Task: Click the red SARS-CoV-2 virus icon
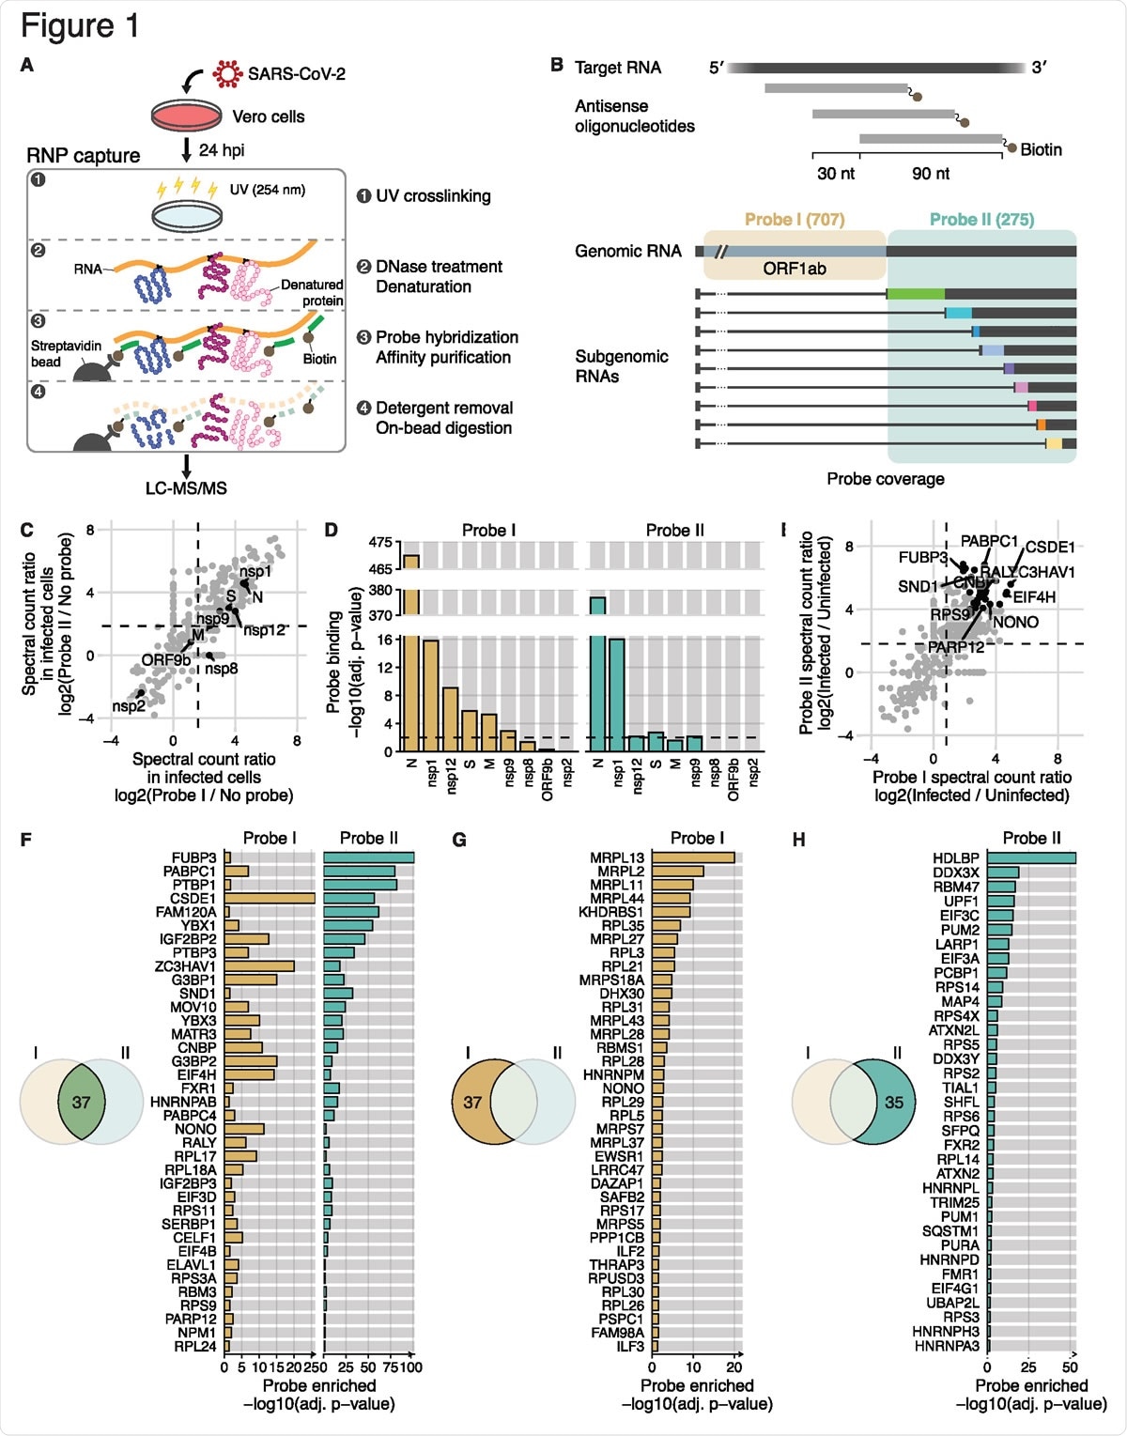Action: click(227, 73)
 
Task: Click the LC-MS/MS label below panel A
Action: click(186, 488)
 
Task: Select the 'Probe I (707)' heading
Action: click(795, 219)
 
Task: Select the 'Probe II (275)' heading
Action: click(981, 219)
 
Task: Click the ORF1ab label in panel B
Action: click(795, 269)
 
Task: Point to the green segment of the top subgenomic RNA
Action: click(916, 294)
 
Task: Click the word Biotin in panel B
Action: click(1041, 149)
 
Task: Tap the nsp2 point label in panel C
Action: click(129, 706)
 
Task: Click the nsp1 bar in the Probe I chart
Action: click(430, 695)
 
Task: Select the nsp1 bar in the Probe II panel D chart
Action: click(617, 695)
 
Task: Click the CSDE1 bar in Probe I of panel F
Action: click(270, 898)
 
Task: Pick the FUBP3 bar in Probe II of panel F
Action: click(368, 857)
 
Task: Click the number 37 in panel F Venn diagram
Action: click(81, 1102)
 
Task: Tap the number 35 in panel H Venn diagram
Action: click(894, 1102)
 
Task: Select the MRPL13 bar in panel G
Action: click(693, 857)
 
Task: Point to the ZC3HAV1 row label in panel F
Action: click(185, 966)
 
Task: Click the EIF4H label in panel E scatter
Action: click(1034, 597)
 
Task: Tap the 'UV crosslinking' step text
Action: click(433, 196)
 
